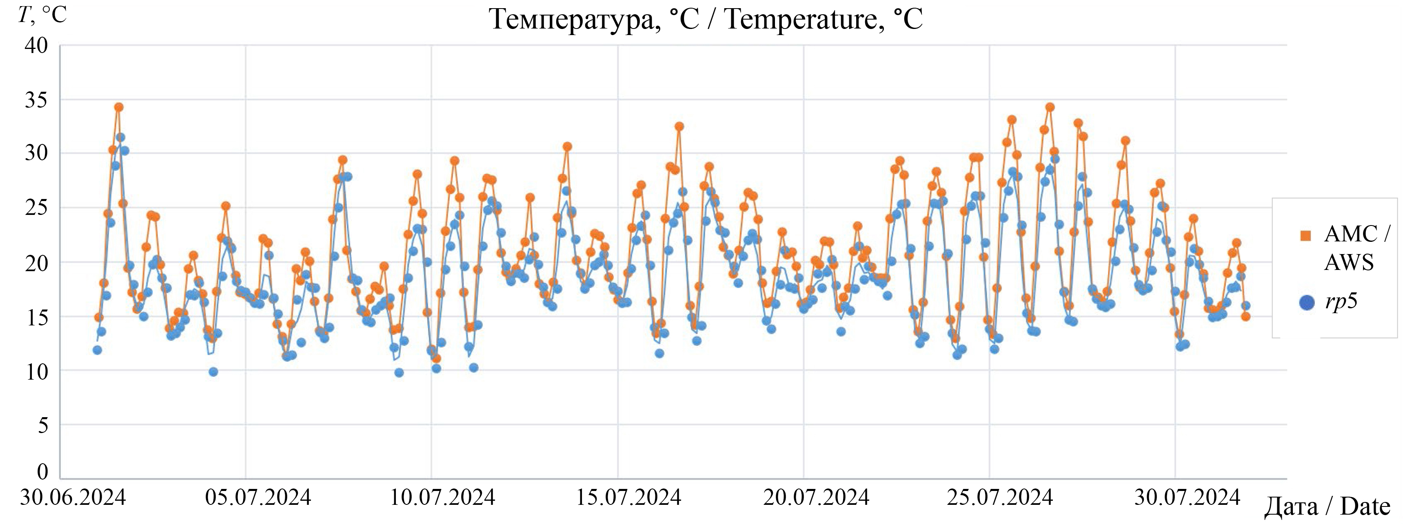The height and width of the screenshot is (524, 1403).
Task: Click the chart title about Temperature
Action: (706, 20)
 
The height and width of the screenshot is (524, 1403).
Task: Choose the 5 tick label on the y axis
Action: (42, 425)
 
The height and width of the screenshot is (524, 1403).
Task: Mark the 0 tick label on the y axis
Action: (42, 471)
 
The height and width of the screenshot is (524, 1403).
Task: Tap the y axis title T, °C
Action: (42, 15)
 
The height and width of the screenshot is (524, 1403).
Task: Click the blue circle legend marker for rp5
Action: (1307, 303)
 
